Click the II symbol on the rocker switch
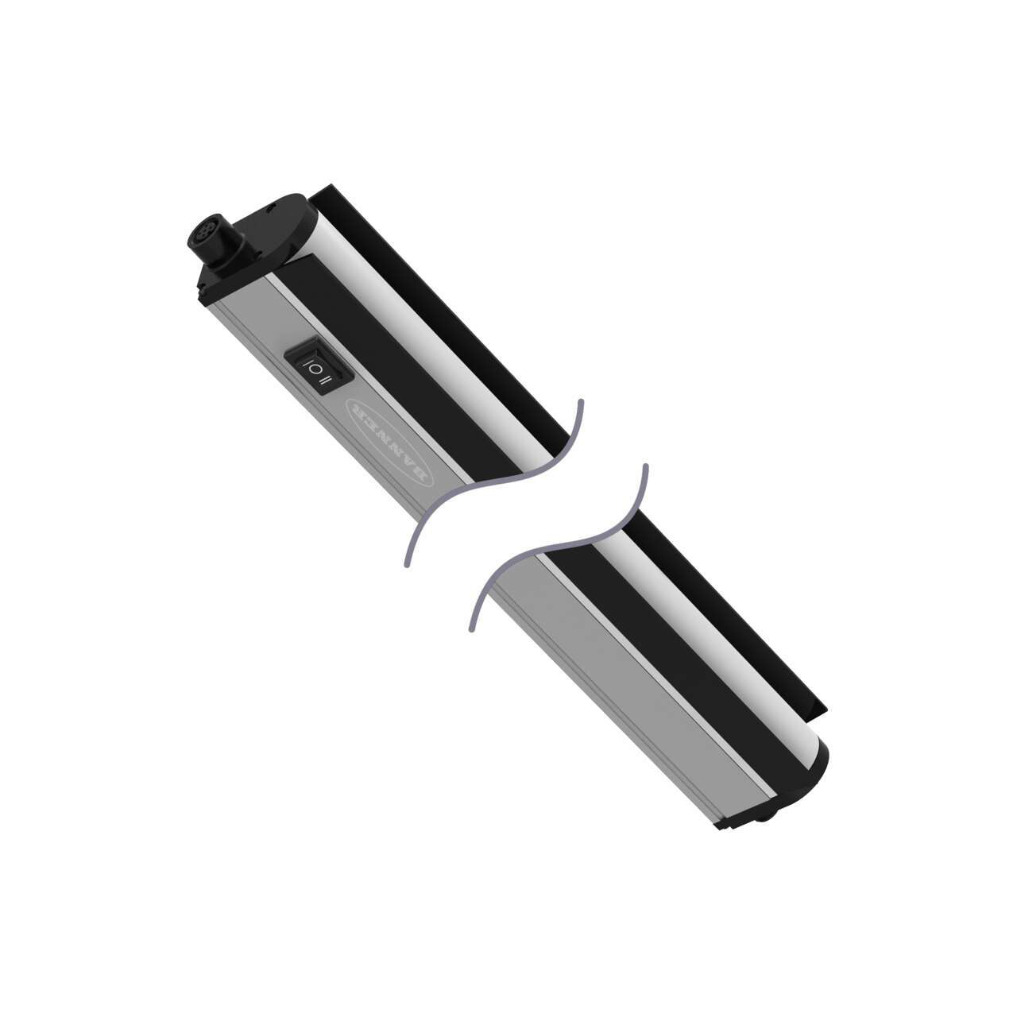pyautogui.click(x=324, y=382)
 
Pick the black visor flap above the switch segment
pyautogui.click(x=445, y=302)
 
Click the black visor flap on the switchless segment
pyautogui.click(x=731, y=604)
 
